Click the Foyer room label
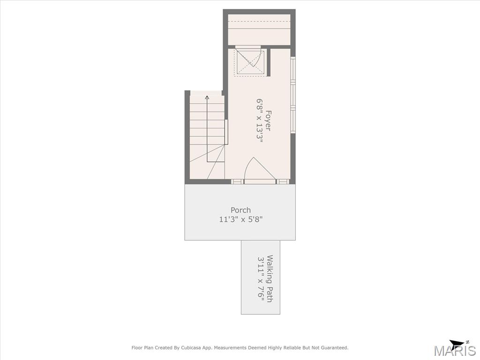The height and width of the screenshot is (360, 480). (x=268, y=120)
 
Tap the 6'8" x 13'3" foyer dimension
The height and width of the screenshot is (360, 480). (x=260, y=120)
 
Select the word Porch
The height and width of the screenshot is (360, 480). (x=240, y=210)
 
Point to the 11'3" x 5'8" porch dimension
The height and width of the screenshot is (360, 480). (x=241, y=219)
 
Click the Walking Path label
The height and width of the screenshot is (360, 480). (x=270, y=278)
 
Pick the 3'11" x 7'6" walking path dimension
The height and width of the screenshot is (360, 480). (x=261, y=278)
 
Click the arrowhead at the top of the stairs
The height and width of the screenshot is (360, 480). (x=207, y=97)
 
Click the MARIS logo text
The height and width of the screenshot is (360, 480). (x=455, y=351)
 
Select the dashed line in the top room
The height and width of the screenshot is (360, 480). (x=259, y=22)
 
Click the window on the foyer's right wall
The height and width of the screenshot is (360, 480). (x=293, y=95)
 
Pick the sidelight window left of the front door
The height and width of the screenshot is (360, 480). (x=237, y=181)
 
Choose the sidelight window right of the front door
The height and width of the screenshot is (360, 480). (x=283, y=181)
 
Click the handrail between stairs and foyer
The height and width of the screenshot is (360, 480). (x=226, y=132)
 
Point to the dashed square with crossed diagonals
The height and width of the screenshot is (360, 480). (x=249, y=62)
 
